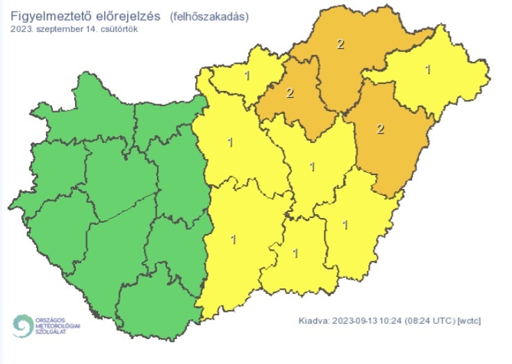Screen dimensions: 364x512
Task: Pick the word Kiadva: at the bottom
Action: (314, 320)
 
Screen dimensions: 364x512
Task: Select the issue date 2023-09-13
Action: (356, 320)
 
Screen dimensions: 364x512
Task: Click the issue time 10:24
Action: (394, 320)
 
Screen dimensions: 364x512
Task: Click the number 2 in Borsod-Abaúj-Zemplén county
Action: (340, 44)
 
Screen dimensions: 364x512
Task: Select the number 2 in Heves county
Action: (290, 93)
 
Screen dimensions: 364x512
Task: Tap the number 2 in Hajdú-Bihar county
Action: (380, 129)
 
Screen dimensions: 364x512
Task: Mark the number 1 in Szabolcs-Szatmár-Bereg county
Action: (427, 69)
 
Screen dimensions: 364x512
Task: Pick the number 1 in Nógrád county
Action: (247, 75)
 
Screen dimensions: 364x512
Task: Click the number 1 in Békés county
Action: (345, 224)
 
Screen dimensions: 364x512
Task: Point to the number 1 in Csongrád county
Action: (296, 253)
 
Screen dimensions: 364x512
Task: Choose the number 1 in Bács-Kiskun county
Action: (233, 239)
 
